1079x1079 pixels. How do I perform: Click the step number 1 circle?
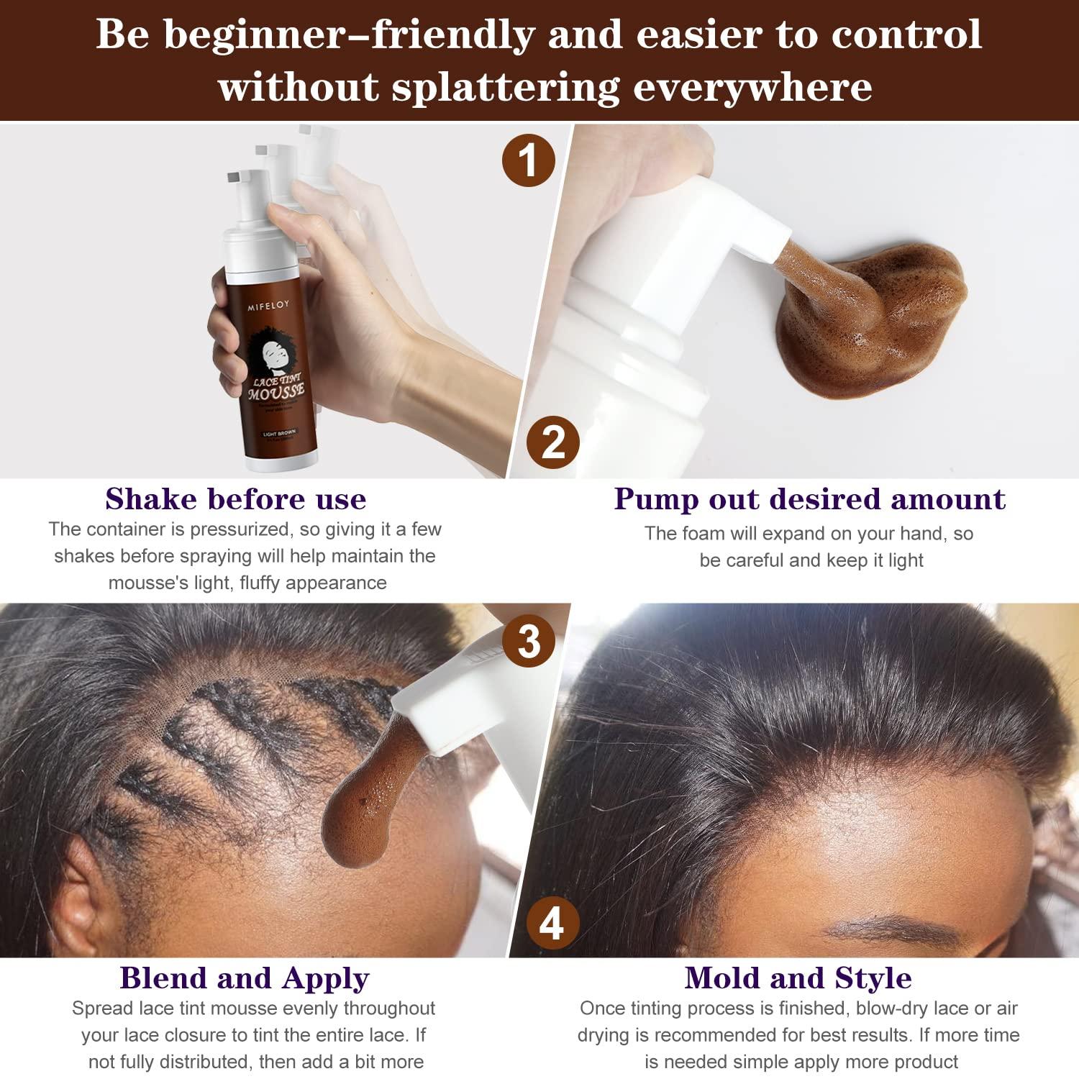coord(528,160)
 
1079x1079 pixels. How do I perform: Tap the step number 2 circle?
coord(552,442)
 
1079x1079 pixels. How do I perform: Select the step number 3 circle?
coord(529,640)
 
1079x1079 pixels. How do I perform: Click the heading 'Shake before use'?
coord(236,498)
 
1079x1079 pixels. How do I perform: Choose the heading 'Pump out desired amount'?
coord(809,498)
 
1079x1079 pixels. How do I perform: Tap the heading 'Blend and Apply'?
coord(245,978)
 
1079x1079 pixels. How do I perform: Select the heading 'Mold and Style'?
coord(798,978)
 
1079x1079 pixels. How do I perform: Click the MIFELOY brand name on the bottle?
coord(268,306)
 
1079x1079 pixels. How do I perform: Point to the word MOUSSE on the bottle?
coord(276,391)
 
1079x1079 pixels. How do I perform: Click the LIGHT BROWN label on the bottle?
coord(279,434)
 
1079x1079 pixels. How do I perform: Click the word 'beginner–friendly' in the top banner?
coord(349,35)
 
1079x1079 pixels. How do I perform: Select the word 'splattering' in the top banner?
coord(505,87)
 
